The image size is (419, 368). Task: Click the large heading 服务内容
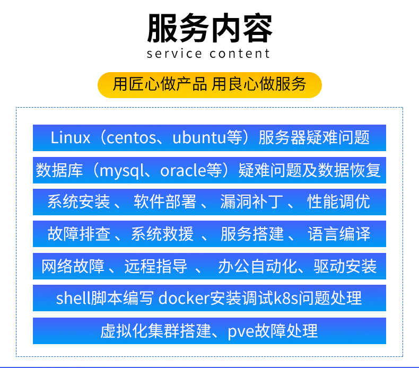(x=210, y=28)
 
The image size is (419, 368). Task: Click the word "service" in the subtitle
(x=174, y=54)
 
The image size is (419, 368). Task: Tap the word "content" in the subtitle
(x=240, y=54)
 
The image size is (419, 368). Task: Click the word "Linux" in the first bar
(x=71, y=138)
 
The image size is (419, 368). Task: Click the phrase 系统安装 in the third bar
(x=79, y=202)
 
